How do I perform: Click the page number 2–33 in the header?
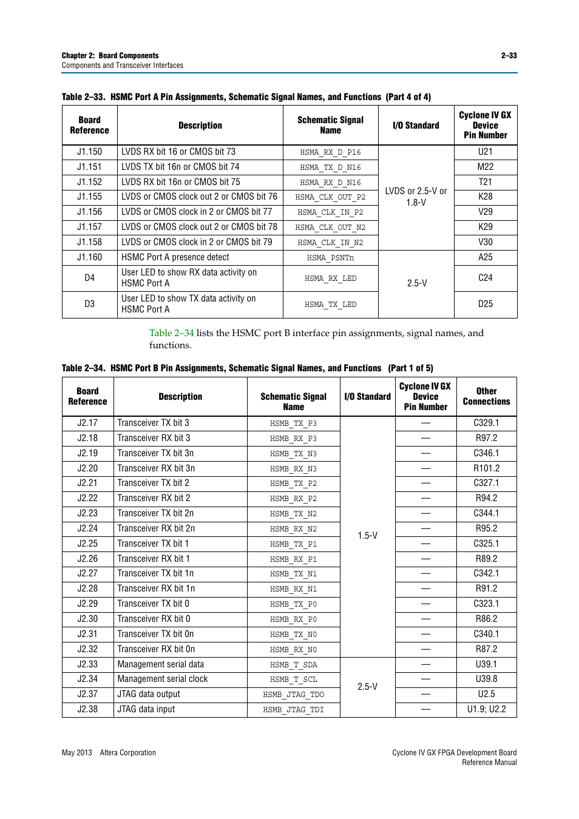pos(509,55)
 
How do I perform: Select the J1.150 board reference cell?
pos(89,152)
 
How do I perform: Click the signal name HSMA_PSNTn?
pos(330,258)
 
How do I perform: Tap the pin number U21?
pos(485,152)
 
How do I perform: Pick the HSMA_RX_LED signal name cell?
pos(330,278)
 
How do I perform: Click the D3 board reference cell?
pos(89,304)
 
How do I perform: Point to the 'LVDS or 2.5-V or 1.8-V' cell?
pos(416,197)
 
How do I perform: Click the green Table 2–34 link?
pos(171,333)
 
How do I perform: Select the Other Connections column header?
pos(486,396)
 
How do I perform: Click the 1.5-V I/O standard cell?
pos(367,536)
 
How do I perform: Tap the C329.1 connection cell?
pos(486,423)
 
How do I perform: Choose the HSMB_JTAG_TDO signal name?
pos(293,695)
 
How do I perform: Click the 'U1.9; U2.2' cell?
pos(486,709)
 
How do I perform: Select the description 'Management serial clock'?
pos(163,679)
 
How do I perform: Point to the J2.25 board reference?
pos(87,544)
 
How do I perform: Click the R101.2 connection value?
pos(486,468)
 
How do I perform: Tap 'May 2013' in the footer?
pos(76,753)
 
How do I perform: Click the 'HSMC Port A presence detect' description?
pos(175,257)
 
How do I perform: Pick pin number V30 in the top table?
pos(485,242)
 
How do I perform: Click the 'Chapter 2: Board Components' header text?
pos(110,55)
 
